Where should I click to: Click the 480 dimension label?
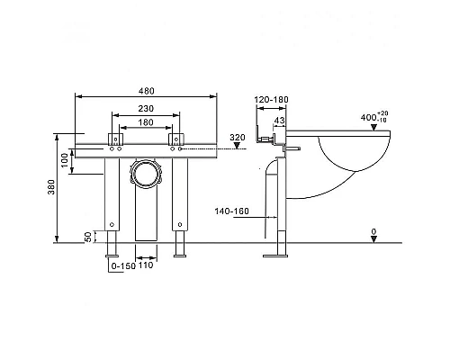pyautogui.click(x=147, y=91)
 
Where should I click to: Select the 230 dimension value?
pyautogui.click(x=146, y=108)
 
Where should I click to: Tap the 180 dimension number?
pyautogui.click(x=146, y=122)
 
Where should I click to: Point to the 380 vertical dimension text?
pyautogui.click(x=51, y=187)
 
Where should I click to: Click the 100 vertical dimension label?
pyautogui.click(x=65, y=160)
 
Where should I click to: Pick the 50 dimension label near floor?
pyautogui.click(x=88, y=237)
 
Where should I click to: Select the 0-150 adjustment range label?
pyautogui.click(x=123, y=266)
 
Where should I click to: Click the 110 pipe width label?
pyautogui.click(x=146, y=265)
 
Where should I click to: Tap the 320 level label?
pyautogui.click(x=238, y=138)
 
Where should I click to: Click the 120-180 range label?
pyautogui.click(x=272, y=99)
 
